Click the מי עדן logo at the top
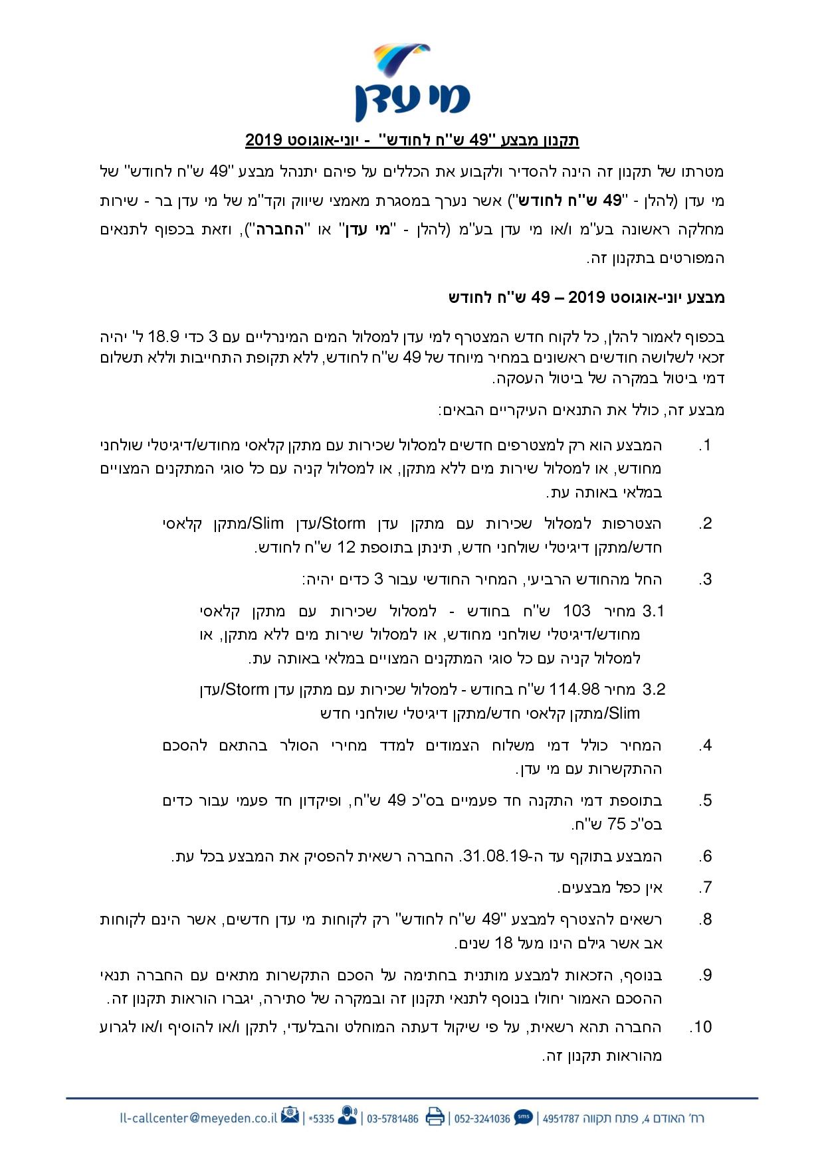pos(412,81)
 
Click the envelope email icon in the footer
pos(290,1117)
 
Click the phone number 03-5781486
pos(393,1119)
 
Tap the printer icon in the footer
pos(435,1117)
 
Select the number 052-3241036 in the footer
pos(482,1119)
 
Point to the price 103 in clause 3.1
pos(577,610)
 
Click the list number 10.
pos(700,1028)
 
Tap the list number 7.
pos(706,887)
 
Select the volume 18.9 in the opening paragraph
pos(627,334)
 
